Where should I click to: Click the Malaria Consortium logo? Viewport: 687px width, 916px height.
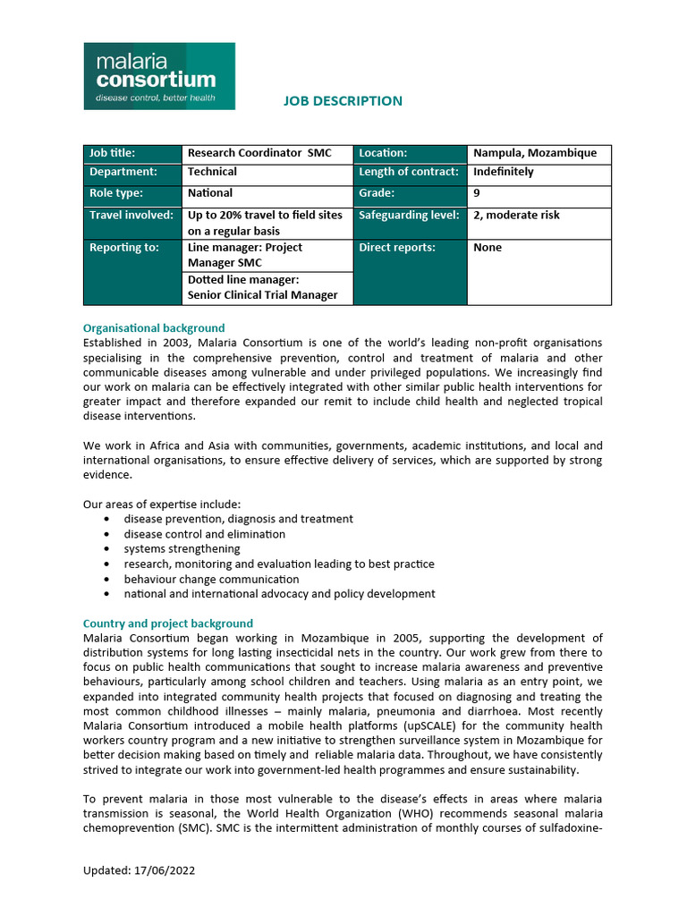(x=159, y=76)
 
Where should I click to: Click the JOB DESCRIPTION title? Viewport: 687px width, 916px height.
(x=343, y=101)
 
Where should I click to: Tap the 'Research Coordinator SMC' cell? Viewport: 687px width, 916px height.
(x=259, y=153)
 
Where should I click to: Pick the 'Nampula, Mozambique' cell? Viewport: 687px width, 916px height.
(x=535, y=153)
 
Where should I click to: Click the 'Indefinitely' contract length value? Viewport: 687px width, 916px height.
(x=503, y=172)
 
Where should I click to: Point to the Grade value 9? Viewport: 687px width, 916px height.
(x=477, y=193)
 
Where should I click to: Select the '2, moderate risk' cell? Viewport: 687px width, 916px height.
(x=516, y=215)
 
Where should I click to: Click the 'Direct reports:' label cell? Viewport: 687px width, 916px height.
(x=397, y=248)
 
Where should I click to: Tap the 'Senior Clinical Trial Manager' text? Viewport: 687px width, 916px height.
(x=262, y=296)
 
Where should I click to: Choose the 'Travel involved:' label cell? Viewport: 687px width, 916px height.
(x=131, y=215)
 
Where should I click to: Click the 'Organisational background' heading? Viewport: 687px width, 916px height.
(x=154, y=328)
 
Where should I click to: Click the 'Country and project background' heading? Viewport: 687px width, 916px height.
(x=168, y=623)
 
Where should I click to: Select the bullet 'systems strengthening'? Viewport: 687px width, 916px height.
(x=182, y=549)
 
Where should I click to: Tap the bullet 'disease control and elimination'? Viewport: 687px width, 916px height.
(x=205, y=534)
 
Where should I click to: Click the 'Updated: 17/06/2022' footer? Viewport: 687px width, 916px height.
(x=139, y=870)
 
